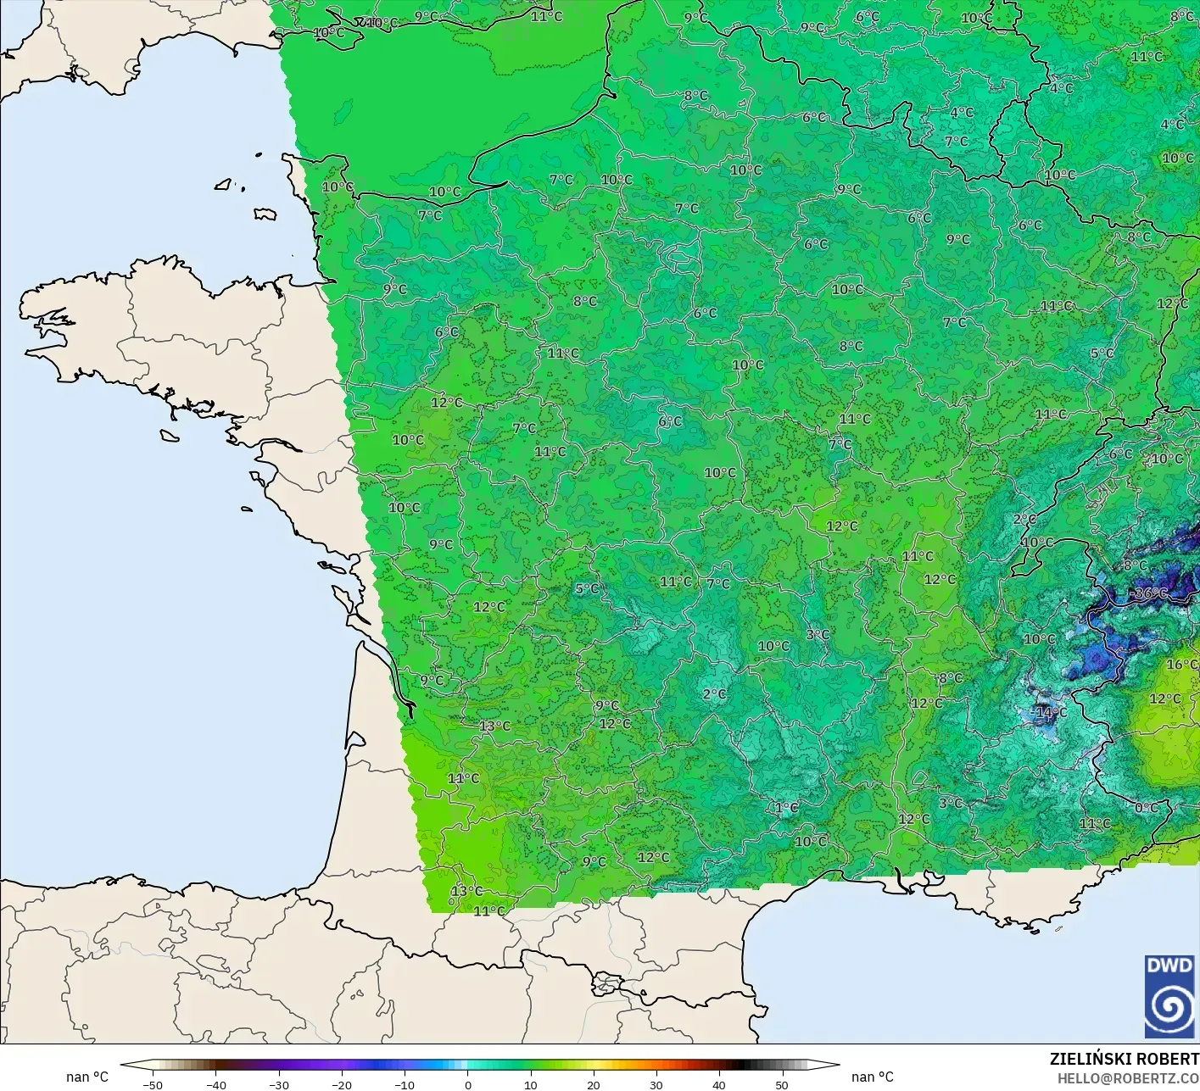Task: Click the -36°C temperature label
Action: [1151, 593]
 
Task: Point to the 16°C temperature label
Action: [1181, 665]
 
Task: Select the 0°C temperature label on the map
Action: [1147, 808]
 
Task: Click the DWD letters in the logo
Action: [1169, 966]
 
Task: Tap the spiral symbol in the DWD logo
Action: [1169, 1010]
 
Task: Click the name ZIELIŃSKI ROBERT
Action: [1124, 1059]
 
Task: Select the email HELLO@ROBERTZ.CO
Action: [1128, 1077]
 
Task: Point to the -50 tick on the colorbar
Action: [153, 1084]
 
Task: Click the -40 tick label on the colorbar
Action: [215, 1084]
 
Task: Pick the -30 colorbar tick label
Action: [278, 1084]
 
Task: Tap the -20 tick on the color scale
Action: [341, 1084]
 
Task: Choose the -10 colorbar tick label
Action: [404, 1084]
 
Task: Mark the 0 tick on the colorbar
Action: [467, 1084]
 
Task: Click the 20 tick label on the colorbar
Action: [593, 1084]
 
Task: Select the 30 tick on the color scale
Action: [656, 1084]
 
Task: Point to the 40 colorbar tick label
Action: [718, 1084]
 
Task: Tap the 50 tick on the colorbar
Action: [781, 1084]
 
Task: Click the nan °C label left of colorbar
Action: [87, 1077]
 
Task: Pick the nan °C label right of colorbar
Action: [872, 1077]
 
